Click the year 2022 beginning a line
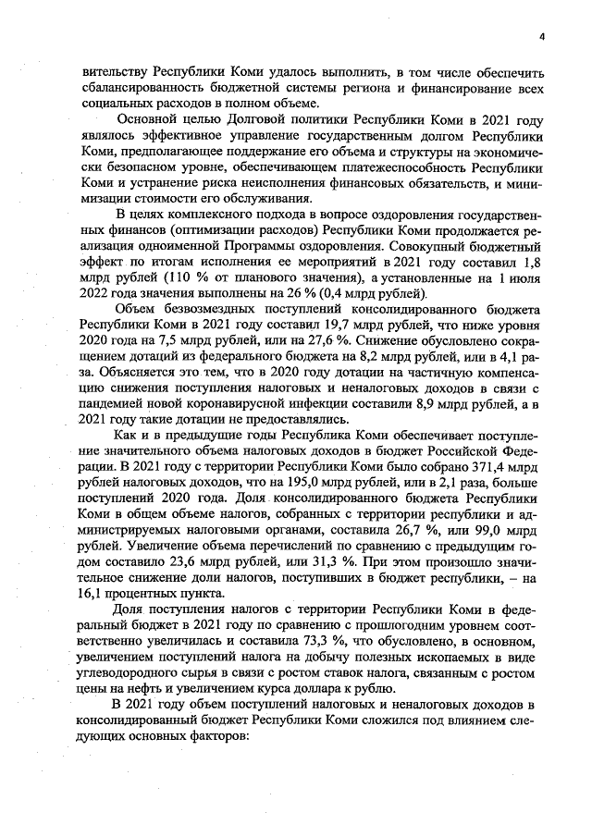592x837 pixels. point(97,295)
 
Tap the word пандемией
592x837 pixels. point(113,406)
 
